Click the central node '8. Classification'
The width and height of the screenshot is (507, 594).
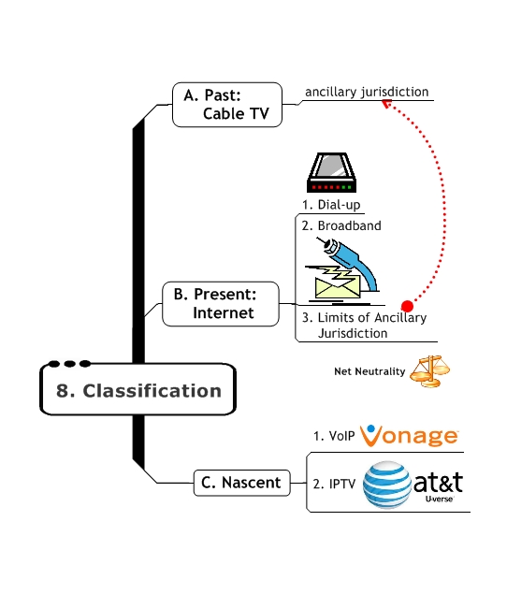[138, 390]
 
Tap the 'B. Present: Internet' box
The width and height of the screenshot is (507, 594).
[221, 303]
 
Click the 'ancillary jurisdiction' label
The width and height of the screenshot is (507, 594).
[367, 93]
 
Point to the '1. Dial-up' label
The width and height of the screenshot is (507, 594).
[330, 204]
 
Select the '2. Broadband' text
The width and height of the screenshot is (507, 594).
[340, 225]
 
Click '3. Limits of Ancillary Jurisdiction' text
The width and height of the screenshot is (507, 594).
[363, 326]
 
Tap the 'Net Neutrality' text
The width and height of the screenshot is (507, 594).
[369, 371]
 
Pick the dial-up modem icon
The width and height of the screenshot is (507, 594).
[334, 172]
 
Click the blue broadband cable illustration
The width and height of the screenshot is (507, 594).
[356, 262]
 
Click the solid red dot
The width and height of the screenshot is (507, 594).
[407, 306]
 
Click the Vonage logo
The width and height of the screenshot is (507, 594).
[409, 436]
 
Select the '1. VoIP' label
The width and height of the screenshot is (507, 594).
[332, 436]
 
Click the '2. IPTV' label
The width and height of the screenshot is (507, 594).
[333, 485]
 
